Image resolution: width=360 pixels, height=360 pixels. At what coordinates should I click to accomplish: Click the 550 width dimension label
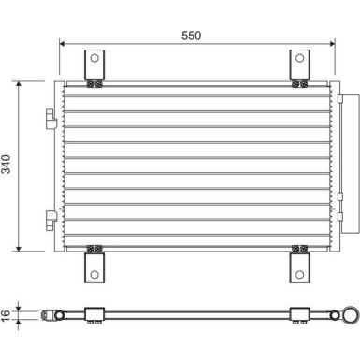(192, 36)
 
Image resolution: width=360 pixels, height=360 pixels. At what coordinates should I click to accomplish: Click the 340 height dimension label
(7, 164)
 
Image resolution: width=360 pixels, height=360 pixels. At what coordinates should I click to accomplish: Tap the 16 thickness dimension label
(7, 315)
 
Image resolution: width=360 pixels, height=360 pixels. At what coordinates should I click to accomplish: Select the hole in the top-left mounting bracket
(94, 58)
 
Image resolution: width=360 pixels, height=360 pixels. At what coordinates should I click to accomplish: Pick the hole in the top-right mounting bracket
(299, 58)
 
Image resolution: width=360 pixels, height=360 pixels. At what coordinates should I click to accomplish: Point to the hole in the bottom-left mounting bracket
(94, 275)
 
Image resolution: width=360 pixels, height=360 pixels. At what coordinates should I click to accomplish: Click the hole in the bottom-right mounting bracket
(299, 275)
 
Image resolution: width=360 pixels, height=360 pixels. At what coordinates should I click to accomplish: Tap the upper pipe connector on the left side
(51, 119)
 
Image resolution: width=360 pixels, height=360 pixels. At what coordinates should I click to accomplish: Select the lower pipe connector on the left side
(51, 221)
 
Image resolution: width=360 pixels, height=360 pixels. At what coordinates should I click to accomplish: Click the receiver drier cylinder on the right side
(351, 164)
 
